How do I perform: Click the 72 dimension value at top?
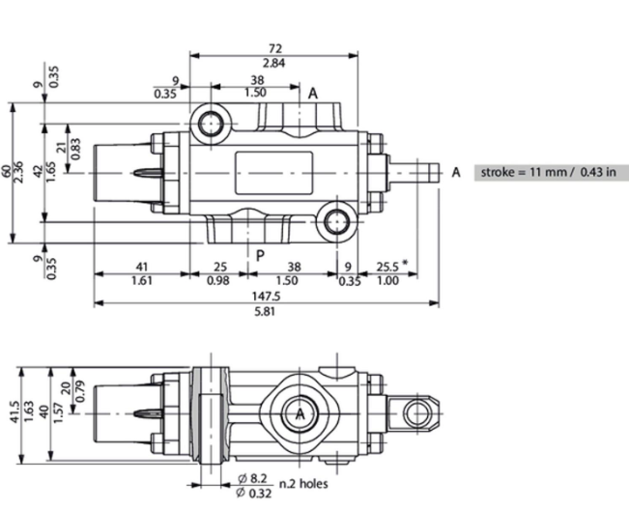pos(274,48)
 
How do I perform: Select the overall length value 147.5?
pos(267,297)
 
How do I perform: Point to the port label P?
pos(260,255)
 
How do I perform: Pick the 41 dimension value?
pos(142,267)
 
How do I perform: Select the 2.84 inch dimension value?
pos(274,63)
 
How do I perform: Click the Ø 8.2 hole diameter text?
pos(252,478)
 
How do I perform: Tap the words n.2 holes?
pos(303,484)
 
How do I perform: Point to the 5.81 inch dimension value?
pos(265,311)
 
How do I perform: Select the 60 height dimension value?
pos(7,172)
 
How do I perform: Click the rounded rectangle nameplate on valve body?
pos(273,173)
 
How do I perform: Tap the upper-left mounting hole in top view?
pos(211,124)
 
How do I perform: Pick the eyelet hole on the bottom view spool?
pos(417,413)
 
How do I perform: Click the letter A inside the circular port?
pos(300,413)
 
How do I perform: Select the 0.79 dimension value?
pos(80,390)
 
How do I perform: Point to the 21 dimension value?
pos(62,148)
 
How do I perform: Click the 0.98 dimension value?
pos(218,281)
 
